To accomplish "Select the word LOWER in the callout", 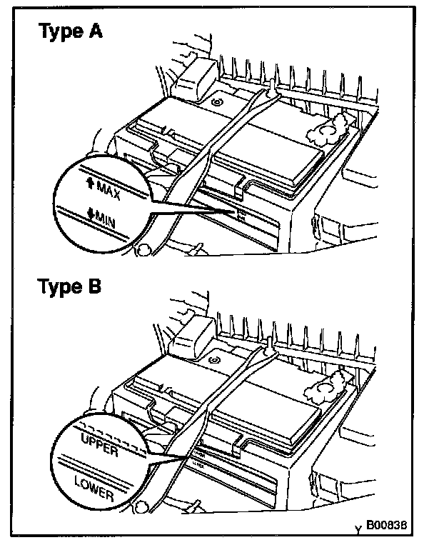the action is tap(96, 485).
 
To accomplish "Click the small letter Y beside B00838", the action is tap(358, 530).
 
